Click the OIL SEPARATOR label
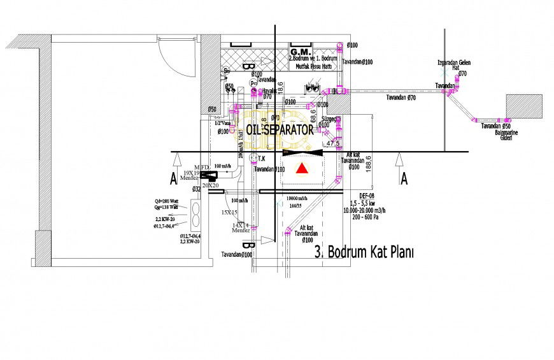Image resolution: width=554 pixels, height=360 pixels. click(280, 129)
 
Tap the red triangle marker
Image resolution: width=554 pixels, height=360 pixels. click(303, 168)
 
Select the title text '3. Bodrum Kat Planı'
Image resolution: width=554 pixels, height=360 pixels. click(364, 252)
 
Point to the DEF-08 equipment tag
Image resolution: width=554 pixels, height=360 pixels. click(367, 196)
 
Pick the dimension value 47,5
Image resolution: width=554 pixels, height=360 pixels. click(332, 145)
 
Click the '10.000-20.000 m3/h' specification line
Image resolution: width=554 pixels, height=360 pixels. click(367, 210)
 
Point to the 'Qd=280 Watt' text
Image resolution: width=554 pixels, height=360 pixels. click(167, 201)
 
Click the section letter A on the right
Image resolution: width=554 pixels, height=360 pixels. click(404, 179)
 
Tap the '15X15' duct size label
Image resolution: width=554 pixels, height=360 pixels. click(229, 212)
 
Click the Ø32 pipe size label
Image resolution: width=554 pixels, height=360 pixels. click(196, 189)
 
